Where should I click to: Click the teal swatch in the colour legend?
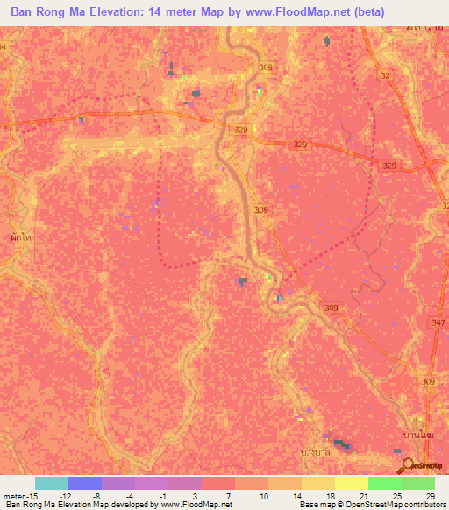coord(52,483)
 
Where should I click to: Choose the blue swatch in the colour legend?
coord(85,483)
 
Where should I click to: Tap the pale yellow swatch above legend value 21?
coord(352,483)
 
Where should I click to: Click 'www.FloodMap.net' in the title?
coord(290,12)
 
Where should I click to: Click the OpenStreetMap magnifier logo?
coord(407,464)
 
